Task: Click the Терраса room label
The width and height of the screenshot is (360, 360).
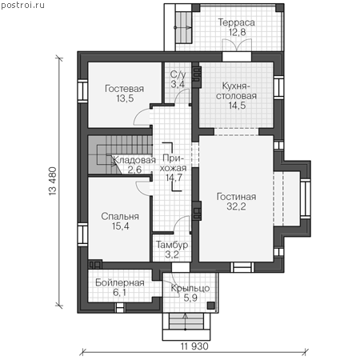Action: click(x=237, y=22)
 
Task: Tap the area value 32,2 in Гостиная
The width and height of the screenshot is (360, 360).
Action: click(x=236, y=206)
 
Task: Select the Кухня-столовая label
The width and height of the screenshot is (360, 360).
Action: click(x=236, y=91)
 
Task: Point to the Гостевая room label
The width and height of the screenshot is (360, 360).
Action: click(x=125, y=89)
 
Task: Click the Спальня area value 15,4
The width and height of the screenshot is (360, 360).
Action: click(x=121, y=226)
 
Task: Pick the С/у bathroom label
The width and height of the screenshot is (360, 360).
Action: click(x=178, y=75)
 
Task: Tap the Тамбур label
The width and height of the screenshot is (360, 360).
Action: click(x=172, y=245)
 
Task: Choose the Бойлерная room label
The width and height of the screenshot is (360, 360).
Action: click(x=120, y=282)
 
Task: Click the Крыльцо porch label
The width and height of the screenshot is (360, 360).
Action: click(x=190, y=288)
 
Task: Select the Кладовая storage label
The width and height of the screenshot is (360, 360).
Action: click(x=134, y=160)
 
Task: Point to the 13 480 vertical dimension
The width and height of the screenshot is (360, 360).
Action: click(x=53, y=182)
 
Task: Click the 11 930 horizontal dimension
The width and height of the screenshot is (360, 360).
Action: click(x=194, y=346)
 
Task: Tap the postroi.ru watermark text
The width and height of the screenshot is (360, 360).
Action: click(x=22, y=6)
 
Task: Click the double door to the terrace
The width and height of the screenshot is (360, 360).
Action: click(x=237, y=45)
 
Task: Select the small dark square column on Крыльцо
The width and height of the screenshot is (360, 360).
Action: click(x=211, y=306)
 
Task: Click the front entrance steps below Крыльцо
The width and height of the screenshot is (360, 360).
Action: click(x=186, y=322)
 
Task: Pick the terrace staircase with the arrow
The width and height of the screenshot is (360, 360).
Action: click(x=183, y=27)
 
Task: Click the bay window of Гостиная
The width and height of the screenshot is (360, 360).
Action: click(x=306, y=198)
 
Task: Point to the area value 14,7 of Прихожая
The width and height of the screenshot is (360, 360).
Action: click(x=174, y=178)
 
